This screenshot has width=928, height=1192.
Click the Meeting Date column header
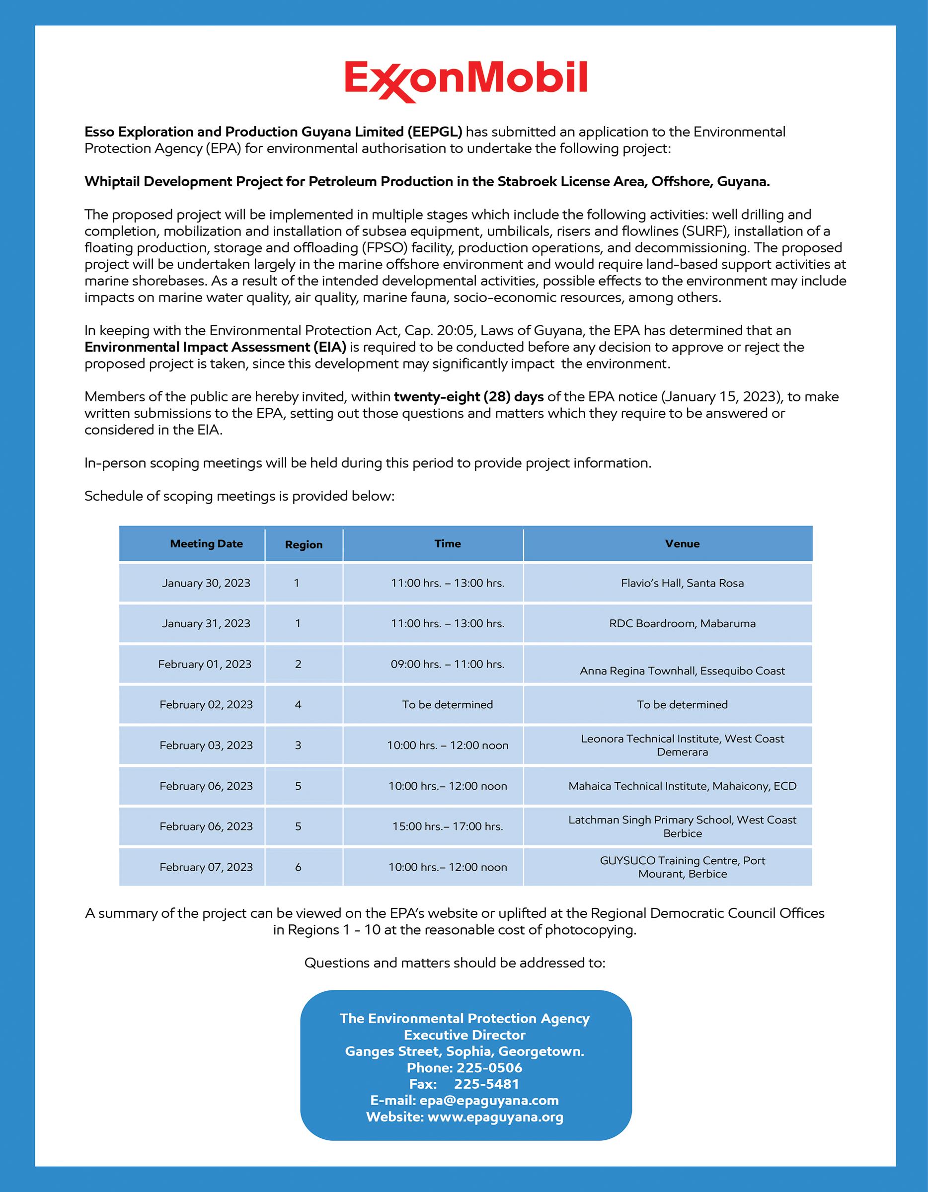pyautogui.click(x=206, y=544)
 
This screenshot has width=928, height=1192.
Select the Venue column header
pyautogui.click(x=683, y=544)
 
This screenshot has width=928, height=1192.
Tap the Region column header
pyautogui.click(x=304, y=545)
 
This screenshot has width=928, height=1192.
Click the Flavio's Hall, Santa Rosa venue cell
pyautogui.click(x=683, y=583)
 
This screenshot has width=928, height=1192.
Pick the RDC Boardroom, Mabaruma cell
pyautogui.click(x=683, y=623)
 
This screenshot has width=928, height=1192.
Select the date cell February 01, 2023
pyautogui.click(x=205, y=664)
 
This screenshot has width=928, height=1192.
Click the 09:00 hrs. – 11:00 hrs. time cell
pyautogui.click(x=448, y=664)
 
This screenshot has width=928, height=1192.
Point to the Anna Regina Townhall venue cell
pyautogui.click(x=683, y=671)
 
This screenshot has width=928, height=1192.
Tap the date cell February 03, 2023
pyautogui.click(x=206, y=745)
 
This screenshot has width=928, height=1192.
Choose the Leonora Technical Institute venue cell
pyautogui.click(x=683, y=745)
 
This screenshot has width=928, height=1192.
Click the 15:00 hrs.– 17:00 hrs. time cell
pyautogui.click(x=448, y=826)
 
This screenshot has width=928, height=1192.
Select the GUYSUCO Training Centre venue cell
pyautogui.click(x=683, y=867)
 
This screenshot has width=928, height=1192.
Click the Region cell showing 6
pyautogui.click(x=298, y=867)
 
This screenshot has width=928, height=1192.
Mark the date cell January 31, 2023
pyautogui.click(x=206, y=623)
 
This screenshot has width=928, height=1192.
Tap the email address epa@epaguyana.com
pyautogui.click(x=489, y=1100)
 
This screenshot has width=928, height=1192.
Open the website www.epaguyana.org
pyautogui.click(x=495, y=1117)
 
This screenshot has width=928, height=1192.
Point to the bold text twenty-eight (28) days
pyautogui.click(x=469, y=397)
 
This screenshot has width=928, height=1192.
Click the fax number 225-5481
pyautogui.click(x=486, y=1084)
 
